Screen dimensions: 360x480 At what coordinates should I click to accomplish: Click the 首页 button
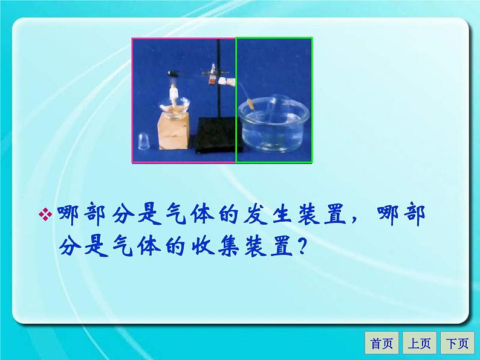click(381, 343)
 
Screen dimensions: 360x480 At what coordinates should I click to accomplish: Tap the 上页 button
click(418, 343)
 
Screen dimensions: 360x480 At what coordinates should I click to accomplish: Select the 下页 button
click(456, 343)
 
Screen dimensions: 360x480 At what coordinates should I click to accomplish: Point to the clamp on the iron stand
click(213, 76)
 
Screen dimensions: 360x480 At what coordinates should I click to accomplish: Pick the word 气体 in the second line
click(143, 245)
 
